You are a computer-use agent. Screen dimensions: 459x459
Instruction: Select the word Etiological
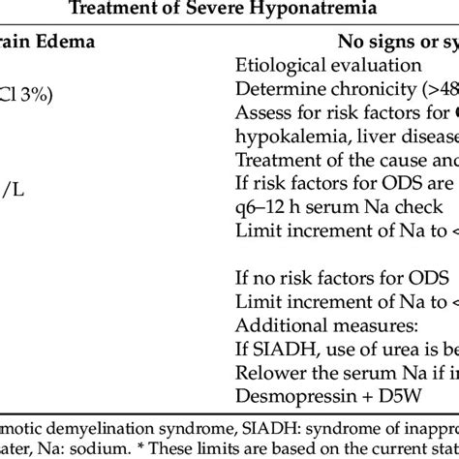[x=280, y=67]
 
